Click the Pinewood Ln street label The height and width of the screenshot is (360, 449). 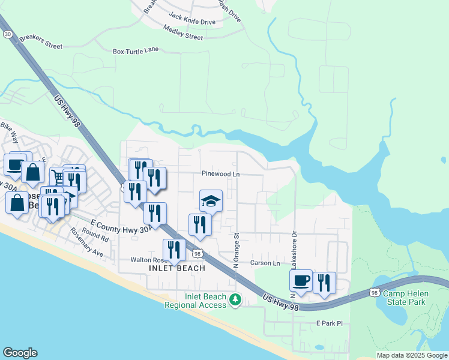click(220, 173)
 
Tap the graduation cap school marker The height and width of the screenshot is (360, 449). click(211, 201)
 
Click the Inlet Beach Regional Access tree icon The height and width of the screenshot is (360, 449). click(236, 299)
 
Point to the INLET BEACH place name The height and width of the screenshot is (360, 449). click(176, 268)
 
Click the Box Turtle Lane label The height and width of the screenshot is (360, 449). click(136, 51)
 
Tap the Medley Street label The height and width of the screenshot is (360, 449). click(183, 36)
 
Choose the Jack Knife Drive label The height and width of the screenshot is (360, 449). click(192, 22)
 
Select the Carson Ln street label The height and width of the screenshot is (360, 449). click(265, 263)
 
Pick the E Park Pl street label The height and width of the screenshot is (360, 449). click(329, 323)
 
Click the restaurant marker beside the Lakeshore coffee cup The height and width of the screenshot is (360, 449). click(324, 283)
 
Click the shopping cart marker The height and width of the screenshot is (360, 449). click(58, 177)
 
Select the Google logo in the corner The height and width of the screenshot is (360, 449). click(20, 353)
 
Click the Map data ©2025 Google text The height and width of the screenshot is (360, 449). click(412, 355)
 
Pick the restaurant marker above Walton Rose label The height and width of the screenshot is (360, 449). click(174, 250)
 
